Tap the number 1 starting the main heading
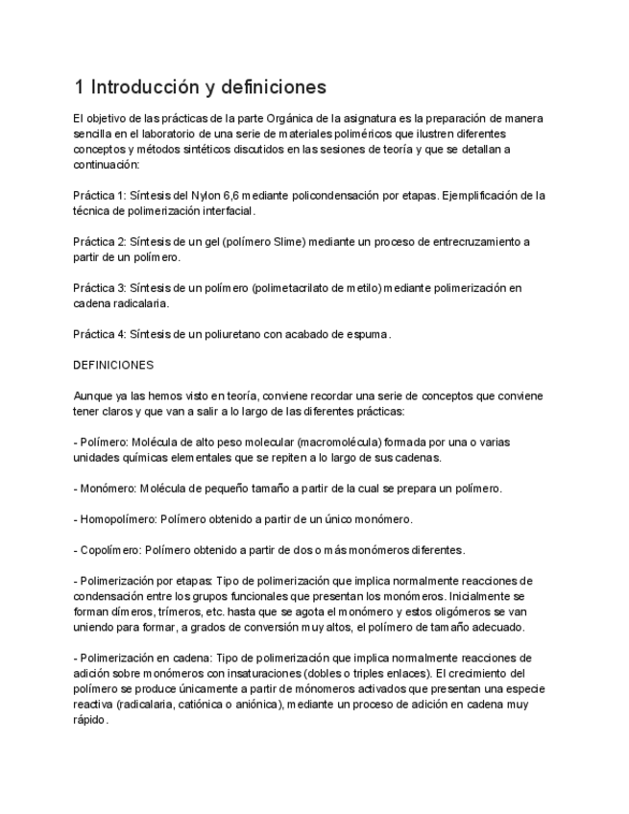pos(79,88)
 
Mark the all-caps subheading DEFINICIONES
pos(113,366)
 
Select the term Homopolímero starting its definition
pos(120,519)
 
